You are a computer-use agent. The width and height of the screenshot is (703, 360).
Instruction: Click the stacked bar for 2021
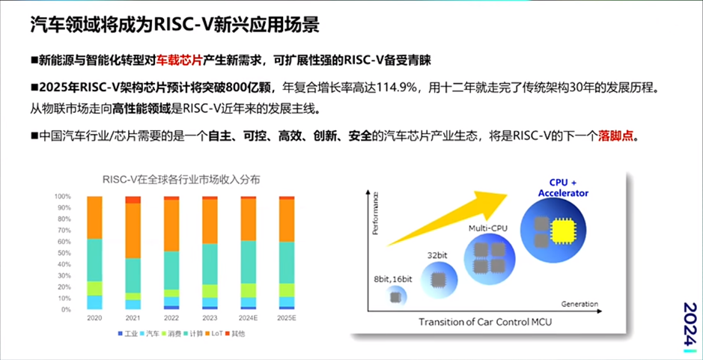133,253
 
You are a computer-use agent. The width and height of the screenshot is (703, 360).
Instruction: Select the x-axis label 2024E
247,317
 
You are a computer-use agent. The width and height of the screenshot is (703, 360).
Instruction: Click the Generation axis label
579,305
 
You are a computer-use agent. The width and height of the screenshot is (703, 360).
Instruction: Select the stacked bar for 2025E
286,253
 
